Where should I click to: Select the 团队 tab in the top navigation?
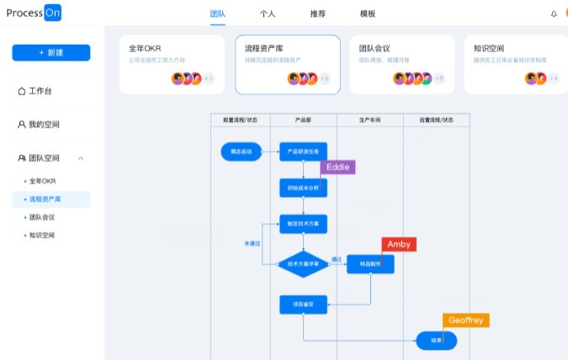217,14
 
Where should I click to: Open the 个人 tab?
268,14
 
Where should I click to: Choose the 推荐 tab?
317,14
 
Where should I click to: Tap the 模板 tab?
368,14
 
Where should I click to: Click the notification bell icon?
554,14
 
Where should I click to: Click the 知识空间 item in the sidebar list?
42,236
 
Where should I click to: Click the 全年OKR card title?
144,49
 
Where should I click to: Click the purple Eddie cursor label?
337,167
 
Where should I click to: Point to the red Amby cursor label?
399,244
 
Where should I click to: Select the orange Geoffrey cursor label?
465,320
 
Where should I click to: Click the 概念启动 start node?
236,152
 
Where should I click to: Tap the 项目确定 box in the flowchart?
303,304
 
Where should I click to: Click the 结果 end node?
436,341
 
